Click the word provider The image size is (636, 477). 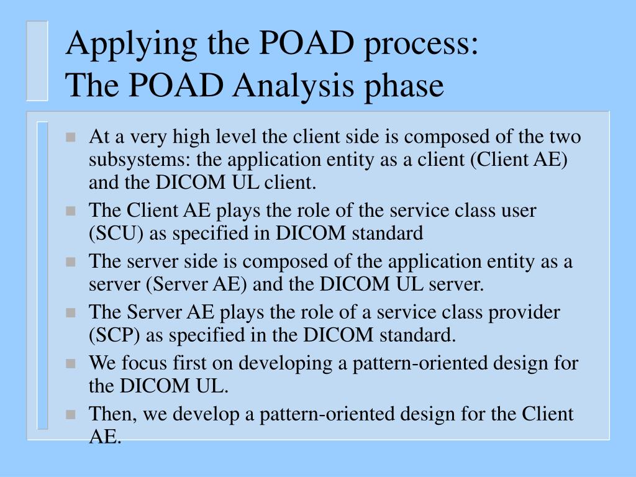(523, 312)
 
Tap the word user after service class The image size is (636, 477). (519, 211)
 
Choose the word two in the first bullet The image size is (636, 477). (566, 137)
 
